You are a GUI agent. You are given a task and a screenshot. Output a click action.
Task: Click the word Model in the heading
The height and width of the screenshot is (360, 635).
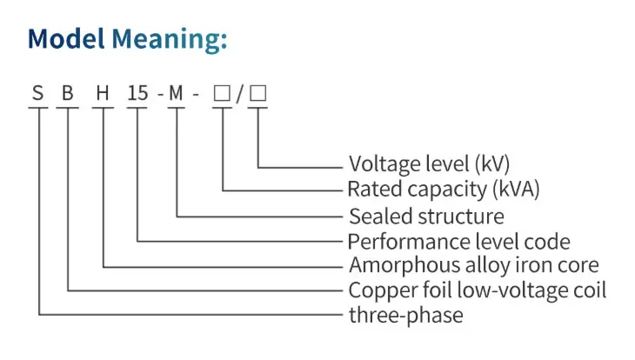tap(66, 39)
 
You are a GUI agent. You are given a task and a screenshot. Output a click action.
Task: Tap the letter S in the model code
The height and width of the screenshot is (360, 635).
tap(37, 93)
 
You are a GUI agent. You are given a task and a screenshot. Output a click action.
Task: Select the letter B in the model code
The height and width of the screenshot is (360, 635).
tap(68, 93)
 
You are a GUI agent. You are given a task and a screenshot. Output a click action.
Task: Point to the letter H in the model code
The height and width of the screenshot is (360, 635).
tap(103, 93)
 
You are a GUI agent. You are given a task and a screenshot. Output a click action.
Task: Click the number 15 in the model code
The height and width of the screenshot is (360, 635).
tap(137, 93)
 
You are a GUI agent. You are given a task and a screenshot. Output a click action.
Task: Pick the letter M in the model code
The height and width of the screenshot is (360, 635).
tap(176, 93)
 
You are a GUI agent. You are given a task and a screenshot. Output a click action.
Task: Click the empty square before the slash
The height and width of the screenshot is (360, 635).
tap(222, 93)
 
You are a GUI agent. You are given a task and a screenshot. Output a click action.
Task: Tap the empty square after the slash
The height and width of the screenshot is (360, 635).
tap(258, 93)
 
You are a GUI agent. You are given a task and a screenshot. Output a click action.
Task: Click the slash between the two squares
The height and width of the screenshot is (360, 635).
tap(240, 94)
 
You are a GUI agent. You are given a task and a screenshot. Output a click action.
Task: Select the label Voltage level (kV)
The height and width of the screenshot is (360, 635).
tap(429, 163)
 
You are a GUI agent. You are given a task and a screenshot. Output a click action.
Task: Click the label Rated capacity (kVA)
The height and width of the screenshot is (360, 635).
tap(444, 189)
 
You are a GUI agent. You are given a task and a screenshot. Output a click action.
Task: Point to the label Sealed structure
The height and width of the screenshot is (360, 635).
tap(426, 216)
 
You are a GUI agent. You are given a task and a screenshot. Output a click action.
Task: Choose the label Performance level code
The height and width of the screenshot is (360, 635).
tap(458, 242)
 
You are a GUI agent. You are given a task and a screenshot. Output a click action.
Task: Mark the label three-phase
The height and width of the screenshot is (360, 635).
tap(405, 316)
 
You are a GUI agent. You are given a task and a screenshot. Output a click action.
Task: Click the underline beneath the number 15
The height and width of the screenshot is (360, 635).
tap(137, 108)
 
